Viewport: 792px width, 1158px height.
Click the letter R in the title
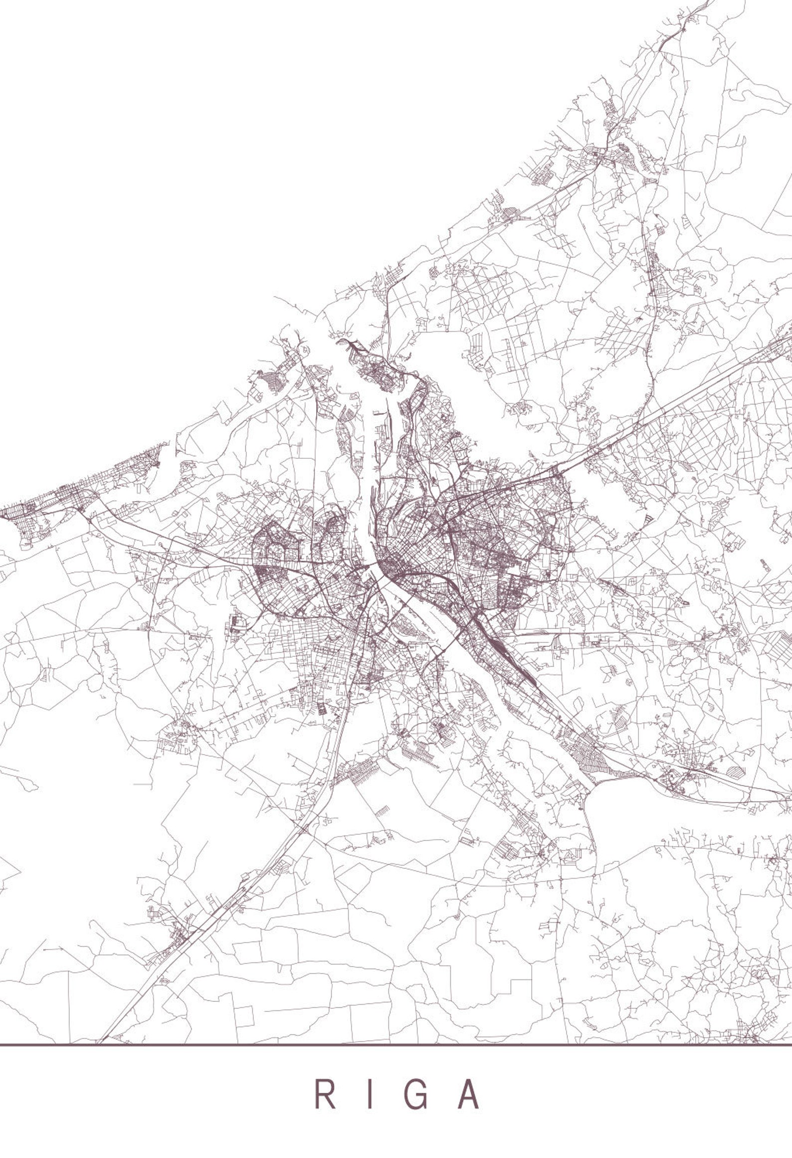pos(324,1079)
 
